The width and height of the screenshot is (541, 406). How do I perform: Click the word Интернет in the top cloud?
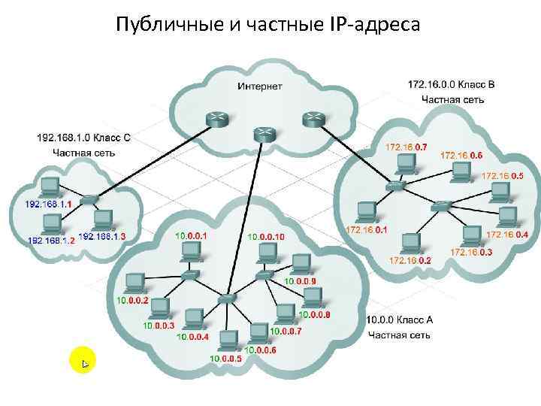coord(260,86)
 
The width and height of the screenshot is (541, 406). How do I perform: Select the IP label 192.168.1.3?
coord(101,236)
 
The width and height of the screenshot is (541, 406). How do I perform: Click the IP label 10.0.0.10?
coord(266,236)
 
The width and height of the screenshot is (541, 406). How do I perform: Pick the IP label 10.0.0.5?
coord(226,359)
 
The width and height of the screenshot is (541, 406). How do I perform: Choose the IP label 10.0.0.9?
coord(301,281)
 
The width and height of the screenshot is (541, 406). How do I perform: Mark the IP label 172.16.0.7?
coord(406,147)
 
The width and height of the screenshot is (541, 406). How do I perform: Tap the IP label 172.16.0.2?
coord(410,260)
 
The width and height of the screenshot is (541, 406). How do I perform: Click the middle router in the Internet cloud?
coord(264,134)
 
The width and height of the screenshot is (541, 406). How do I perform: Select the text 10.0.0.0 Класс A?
coord(400,320)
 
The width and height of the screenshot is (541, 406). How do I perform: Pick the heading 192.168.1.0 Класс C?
coord(83,138)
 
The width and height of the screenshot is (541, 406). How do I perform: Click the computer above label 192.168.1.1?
coord(51,186)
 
